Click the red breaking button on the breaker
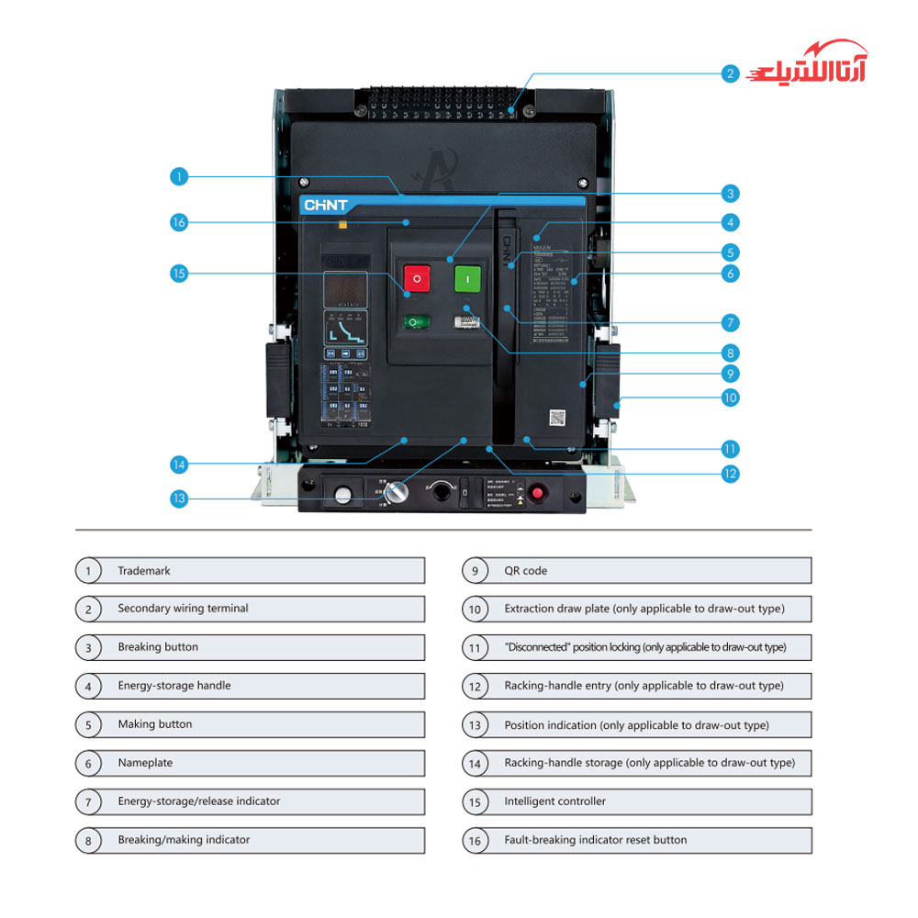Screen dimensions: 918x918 pyautogui.click(x=417, y=277)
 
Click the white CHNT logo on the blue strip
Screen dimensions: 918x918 pyautogui.click(x=326, y=206)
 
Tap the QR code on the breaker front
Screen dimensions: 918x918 pyautogui.click(x=557, y=418)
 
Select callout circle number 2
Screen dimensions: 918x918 pyautogui.click(x=730, y=73)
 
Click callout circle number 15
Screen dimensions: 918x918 pyautogui.click(x=179, y=273)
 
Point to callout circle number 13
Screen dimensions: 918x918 pyautogui.click(x=179, y=498)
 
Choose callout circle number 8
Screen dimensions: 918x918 pyautogui.click(x=730, y=353)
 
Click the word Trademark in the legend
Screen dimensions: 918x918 pyautogui.click(x=144, y=571)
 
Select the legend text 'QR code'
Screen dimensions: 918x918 pyautogui.click(x=525, y=571)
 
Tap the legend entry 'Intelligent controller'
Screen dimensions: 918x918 pyautogui.click(x=554, y=801)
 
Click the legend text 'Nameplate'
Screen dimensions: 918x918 pyautogui.click(x=145, y=763)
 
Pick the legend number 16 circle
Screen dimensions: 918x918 pyautogui.click(x=475, y=840)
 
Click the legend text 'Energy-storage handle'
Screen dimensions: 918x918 pyautogui.click(x=174, y=686)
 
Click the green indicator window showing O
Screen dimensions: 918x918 pyautogui.click(x=417, y=322)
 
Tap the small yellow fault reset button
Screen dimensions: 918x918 pyautogui.click(x=342, y=223)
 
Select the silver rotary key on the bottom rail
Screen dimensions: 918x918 pyautogui.click(x=397, y=492)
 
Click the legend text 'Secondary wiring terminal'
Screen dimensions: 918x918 pyautogui.click(x=183, y=609)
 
